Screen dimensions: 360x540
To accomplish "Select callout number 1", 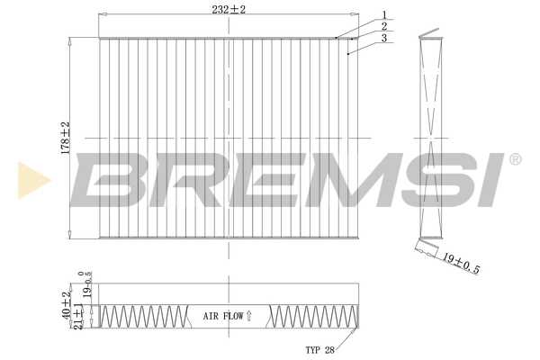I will pos(383,14).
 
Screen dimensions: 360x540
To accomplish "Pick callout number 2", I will pos(383,26).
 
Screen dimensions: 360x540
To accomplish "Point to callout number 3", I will pos(383,39).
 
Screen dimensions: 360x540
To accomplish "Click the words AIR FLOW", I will pos(222,316).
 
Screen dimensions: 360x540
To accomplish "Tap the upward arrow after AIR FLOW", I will pos(249,316).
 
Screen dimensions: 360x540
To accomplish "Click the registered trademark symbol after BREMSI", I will pos(515,159).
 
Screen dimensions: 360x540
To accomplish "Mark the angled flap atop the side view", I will pos(434,37).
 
